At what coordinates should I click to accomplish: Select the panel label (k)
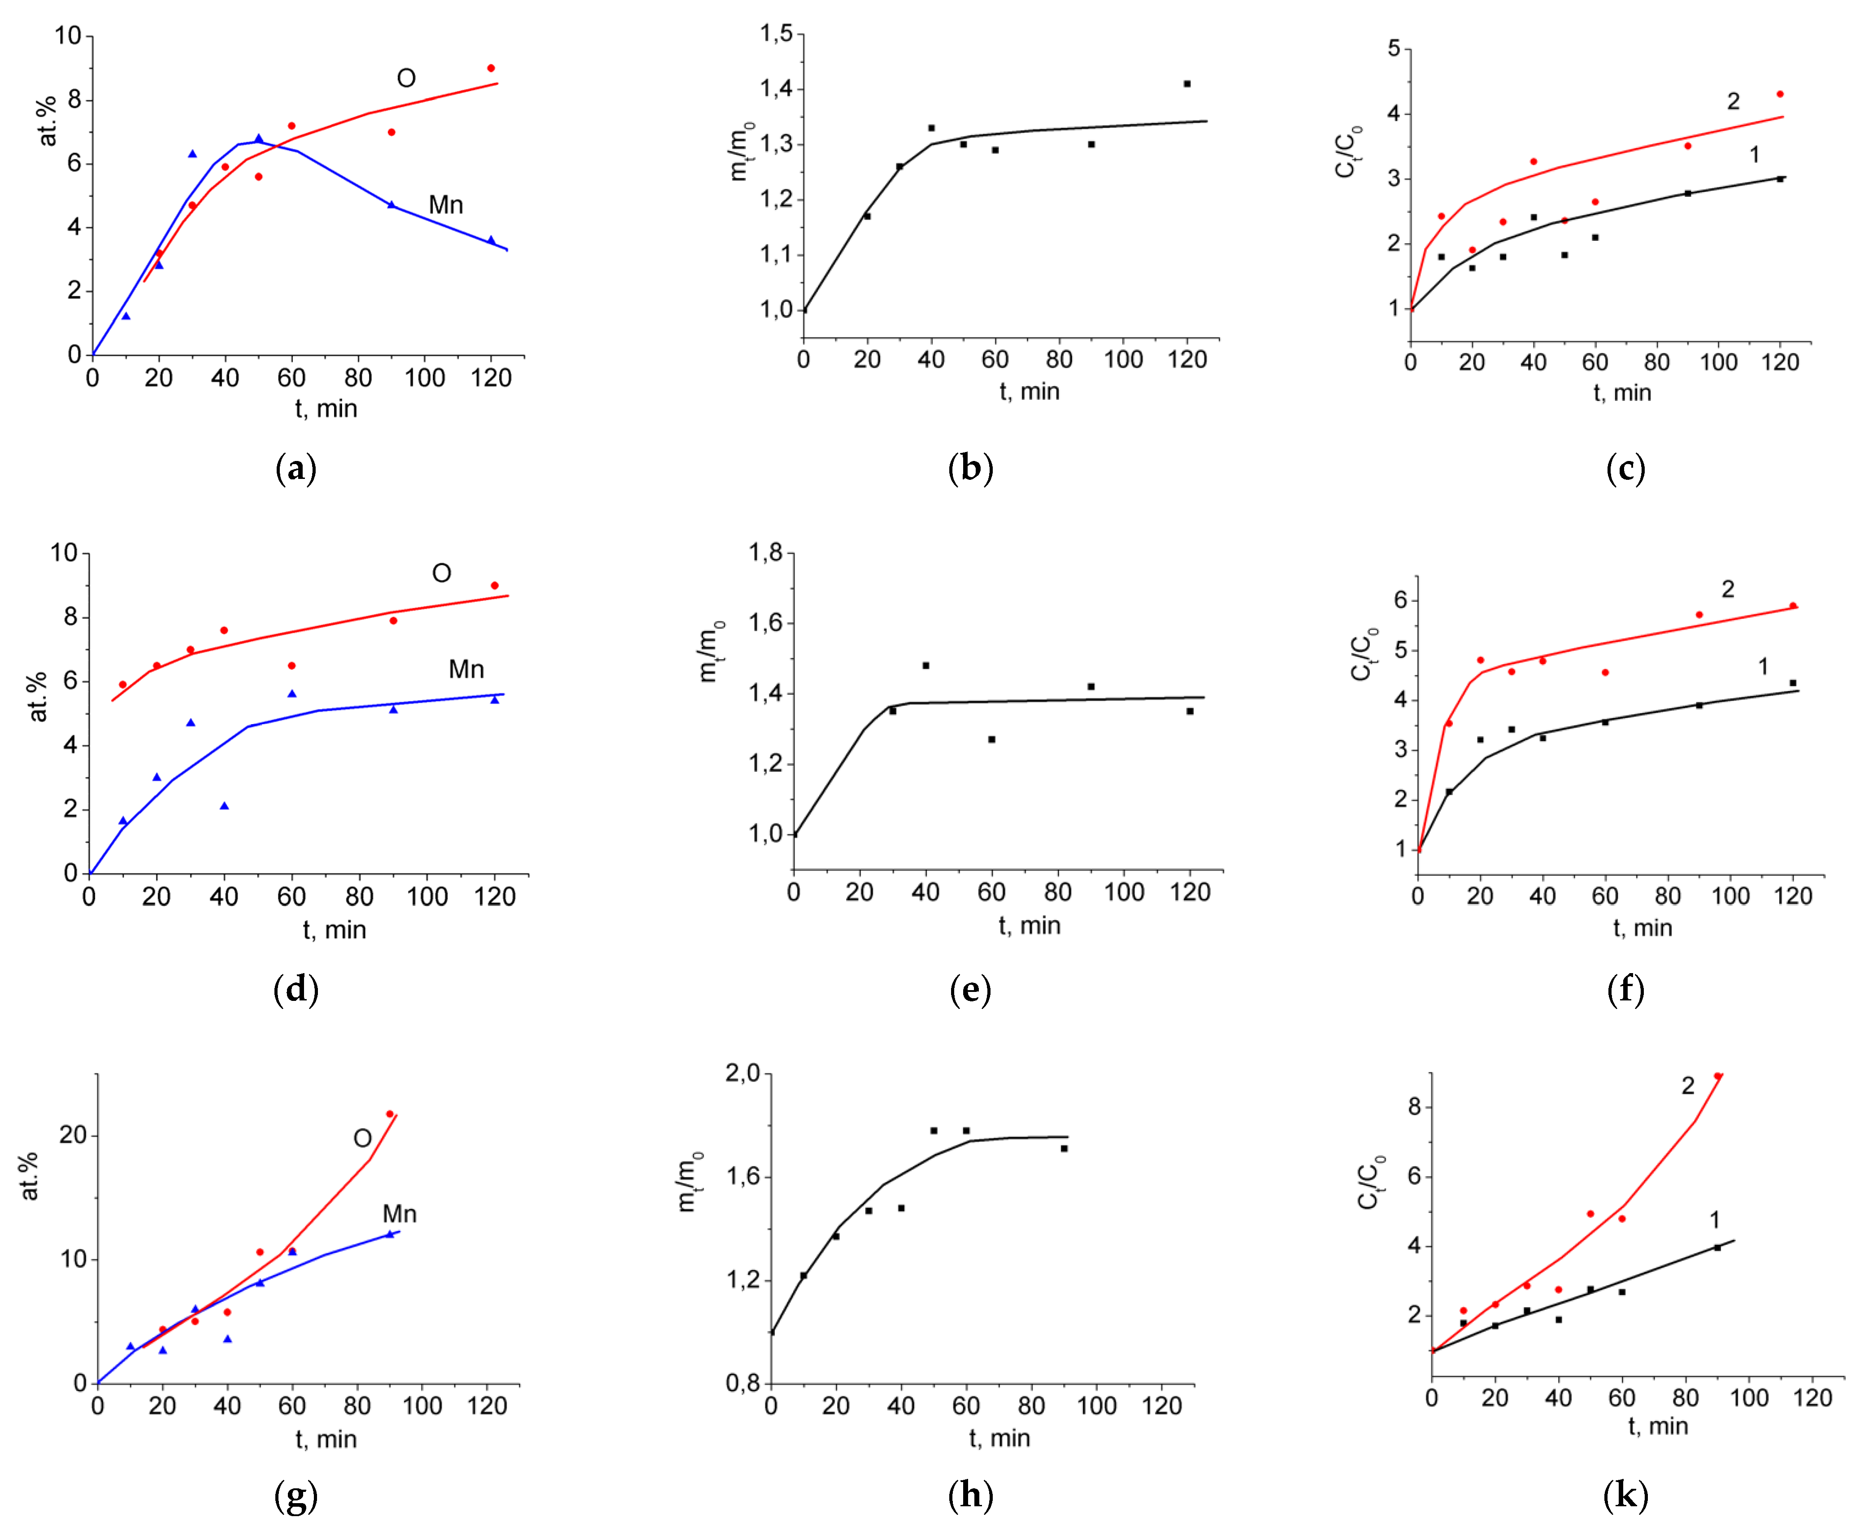1625,1494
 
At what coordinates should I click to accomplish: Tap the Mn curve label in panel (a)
446,205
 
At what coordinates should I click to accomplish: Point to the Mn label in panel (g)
399,1214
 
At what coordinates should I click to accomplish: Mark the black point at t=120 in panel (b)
1187,83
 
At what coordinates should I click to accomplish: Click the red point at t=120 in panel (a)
491,68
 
